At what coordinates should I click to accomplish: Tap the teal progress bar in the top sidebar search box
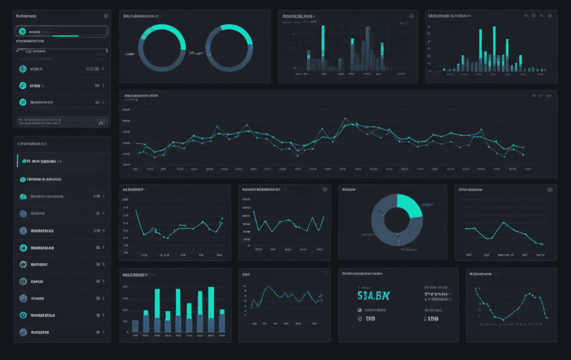61,36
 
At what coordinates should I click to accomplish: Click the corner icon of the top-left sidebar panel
107,16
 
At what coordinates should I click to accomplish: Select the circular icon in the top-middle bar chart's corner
411,16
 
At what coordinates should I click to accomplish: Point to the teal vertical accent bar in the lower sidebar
17,161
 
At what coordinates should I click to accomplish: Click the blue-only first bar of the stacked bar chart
135,326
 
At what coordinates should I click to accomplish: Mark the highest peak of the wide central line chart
345,119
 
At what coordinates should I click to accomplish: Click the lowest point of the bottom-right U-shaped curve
502,319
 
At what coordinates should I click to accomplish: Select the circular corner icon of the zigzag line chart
324,189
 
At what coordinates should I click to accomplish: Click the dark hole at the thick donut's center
397,219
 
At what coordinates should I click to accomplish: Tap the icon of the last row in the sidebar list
23,332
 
